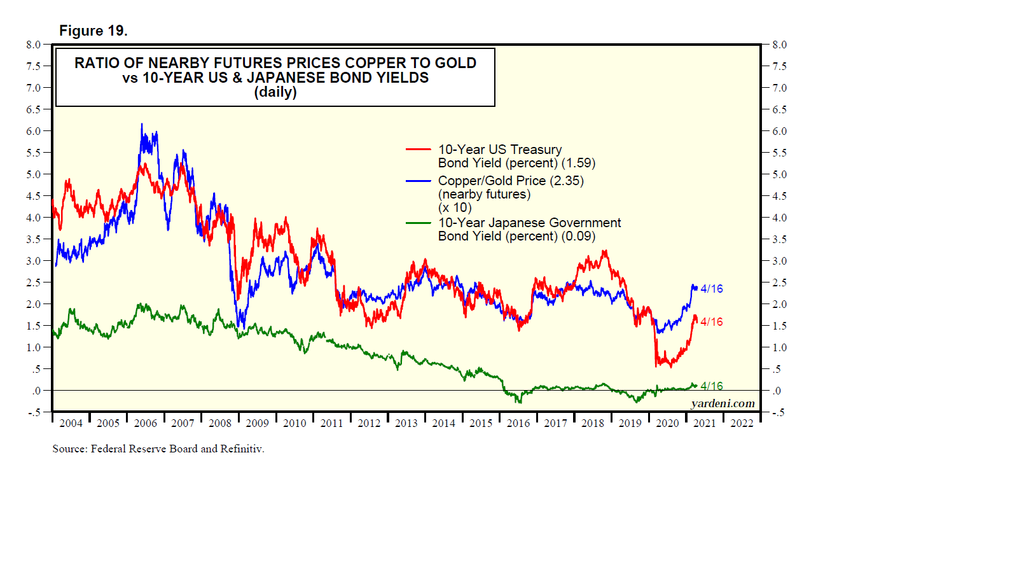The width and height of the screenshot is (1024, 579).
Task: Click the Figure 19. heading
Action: coord(93,31)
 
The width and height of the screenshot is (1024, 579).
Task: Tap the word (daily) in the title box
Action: coord(275,92)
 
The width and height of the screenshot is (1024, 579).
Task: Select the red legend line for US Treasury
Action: coord(419,150)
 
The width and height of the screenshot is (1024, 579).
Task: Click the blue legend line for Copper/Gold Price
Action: coord(419,181)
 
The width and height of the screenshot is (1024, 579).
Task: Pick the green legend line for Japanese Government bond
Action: coord(419,223)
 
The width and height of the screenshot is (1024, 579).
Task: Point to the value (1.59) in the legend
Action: coord(578,163)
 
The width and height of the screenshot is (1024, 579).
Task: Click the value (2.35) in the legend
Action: coord(567,181)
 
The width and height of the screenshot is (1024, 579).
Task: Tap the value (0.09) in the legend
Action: coord(578,236)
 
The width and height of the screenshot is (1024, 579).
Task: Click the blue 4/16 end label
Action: coord(712,289)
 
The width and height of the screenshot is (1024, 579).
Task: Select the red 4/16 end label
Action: coord(712,322)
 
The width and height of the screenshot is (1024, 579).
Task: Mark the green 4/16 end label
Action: coord(712,386)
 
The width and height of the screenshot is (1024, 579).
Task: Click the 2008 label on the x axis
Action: coord(220,423)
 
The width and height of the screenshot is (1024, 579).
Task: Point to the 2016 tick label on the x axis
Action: coord(518,423)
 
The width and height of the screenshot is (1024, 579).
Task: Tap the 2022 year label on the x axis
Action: coord(742,423)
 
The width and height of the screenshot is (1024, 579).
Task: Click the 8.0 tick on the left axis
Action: coord(33,45)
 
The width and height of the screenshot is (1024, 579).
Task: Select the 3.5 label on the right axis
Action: coord(779,239)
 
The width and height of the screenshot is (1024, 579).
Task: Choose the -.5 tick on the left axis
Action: coord(34,412)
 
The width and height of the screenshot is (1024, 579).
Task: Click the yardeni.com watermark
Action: coord(723,403)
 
